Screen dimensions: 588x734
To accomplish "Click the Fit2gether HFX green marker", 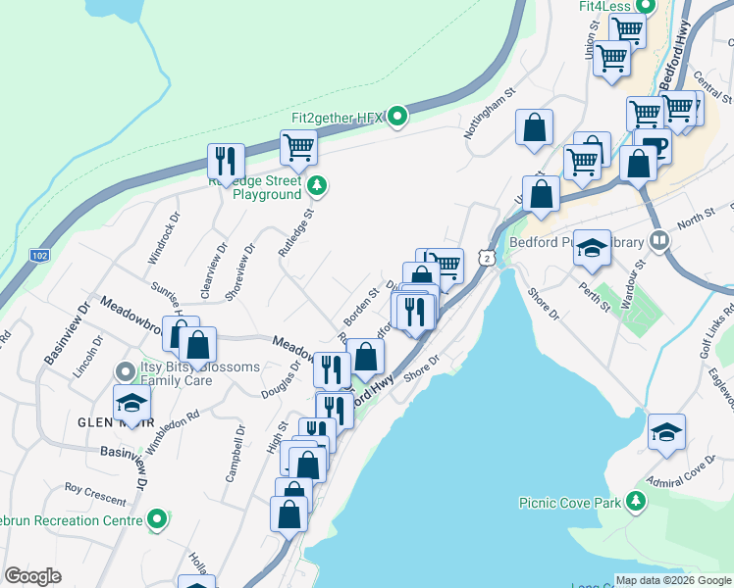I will [x=397, y=118].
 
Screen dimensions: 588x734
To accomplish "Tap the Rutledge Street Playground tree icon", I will [x=316, y=183].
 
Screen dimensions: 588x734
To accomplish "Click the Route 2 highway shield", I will [x=487, y=257].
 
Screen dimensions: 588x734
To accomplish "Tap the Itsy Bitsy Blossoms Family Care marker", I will [x=124, y=371].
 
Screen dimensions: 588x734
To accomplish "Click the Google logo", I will [x=32, y=575].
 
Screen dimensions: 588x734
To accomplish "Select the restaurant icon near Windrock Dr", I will [x=227, y=161].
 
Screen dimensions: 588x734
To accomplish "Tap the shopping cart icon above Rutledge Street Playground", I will [x=298, y=148].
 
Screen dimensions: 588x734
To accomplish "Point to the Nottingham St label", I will [x=490, y=116].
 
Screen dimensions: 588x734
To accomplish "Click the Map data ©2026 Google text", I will [x=673, y=579].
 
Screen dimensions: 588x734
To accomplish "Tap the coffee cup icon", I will [x=652, y=146].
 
